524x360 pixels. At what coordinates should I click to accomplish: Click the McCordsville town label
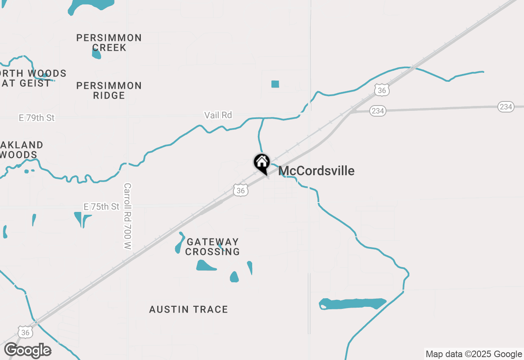tap(316, 171)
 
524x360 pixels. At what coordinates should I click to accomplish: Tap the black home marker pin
tap(262, 163)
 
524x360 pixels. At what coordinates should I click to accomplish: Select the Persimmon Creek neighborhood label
tap(109, 43)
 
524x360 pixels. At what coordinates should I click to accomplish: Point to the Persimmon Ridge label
tap(109, 90)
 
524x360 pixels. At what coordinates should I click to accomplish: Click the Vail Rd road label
tap(218, 115)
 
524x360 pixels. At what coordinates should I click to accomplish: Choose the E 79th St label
tap(36, 118)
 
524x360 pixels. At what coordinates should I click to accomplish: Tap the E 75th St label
tap(102, 207)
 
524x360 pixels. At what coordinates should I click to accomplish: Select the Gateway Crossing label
tap(212, 247)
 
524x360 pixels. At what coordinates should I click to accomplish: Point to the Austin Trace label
tap(188, 309)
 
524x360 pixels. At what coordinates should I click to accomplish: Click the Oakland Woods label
tap(20, 150)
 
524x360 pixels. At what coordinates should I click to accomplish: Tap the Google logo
tap(27, 351)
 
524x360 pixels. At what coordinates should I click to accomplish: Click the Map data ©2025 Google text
tap(474, 354)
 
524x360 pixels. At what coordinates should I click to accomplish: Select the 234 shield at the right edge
tap(506, 107)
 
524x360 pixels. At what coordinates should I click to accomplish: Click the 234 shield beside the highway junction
tap(377, 111)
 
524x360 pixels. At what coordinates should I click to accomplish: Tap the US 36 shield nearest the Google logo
tap(25, 333)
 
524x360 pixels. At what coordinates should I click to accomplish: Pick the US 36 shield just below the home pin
tap(241, 190)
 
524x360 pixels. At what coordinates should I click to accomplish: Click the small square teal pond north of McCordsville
tap(275, 84)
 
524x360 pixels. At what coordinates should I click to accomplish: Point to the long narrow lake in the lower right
tap(352, 304)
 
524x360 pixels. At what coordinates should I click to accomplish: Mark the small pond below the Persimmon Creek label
tap(96, 54)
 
